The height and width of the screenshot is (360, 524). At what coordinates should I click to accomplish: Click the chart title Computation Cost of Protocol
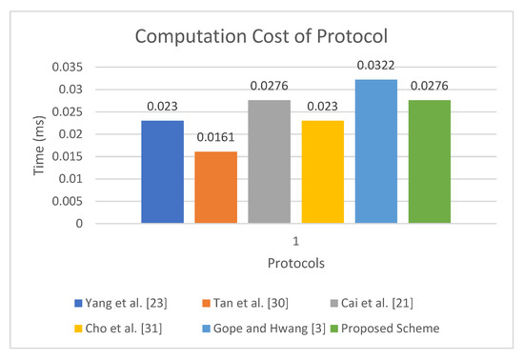[261, 39]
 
